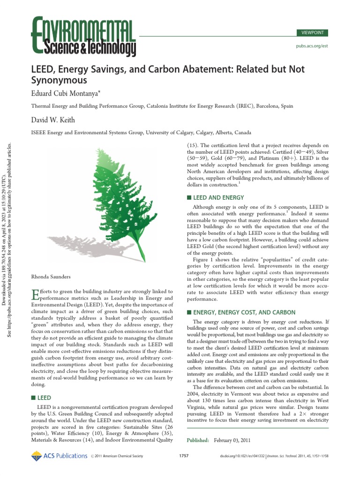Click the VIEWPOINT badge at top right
coord(312,33)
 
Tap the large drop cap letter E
coord(34,294)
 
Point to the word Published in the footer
coord(198,441)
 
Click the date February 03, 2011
coord(233,441)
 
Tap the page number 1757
coord(184,456)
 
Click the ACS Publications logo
coord(60,456)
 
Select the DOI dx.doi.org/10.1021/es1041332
coord(242,456)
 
